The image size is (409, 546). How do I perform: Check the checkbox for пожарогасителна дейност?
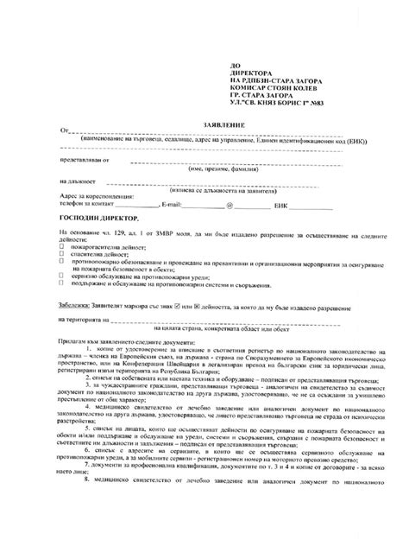[61, 245]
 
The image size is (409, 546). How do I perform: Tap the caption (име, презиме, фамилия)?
[216, 169]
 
